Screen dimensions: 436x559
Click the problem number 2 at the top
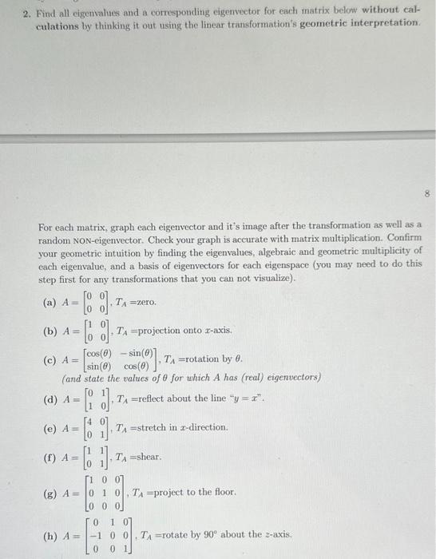tap(25, 14)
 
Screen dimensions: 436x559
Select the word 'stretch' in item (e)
tap(158, 427)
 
